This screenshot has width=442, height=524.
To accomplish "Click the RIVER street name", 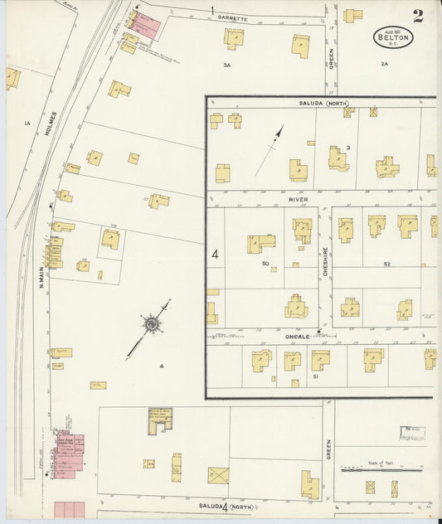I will click(x=299, y=199).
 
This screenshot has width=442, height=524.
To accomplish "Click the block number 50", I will click(x=265, y=264).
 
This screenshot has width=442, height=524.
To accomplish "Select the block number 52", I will click(x=386, y=264).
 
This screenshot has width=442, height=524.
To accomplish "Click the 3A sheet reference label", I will click(x=226, y=64).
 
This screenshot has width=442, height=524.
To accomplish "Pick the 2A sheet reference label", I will click(x=384, y=64).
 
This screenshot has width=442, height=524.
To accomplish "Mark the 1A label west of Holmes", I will click(x=27, y=124).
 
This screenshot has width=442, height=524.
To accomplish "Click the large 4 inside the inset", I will click(x=215, y=255).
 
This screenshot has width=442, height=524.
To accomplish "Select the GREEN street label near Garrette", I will click(x=331, y=57).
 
